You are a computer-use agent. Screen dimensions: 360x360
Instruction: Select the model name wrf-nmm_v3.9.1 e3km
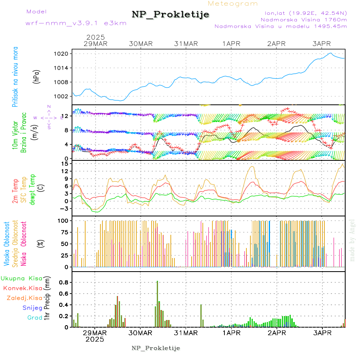pos(76,23)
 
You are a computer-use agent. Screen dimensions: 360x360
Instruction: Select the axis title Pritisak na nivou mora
pos(15,79)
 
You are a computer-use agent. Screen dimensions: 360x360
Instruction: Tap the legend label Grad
pos(35,318)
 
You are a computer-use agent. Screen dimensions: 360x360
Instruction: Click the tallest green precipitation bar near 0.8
pos(157,303)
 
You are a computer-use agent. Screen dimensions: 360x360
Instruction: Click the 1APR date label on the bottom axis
pos(231,333)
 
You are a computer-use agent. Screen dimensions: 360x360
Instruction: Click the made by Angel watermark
pos(352,240)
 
